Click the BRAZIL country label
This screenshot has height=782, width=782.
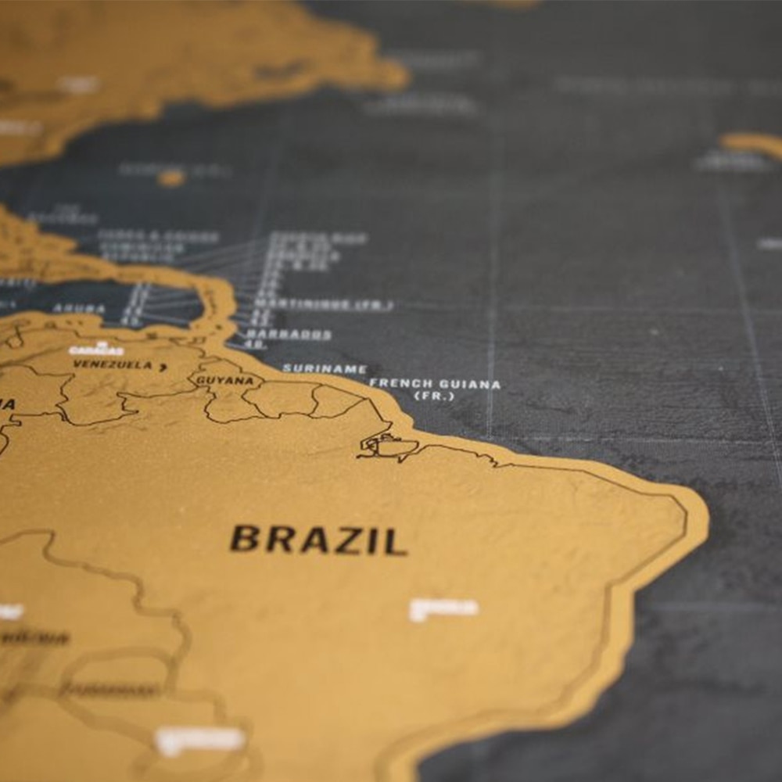318,540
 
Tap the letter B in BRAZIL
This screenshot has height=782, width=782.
245,539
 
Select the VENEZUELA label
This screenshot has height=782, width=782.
113,364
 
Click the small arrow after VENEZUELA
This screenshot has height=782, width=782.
163,366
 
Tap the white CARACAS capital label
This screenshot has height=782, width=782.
96,350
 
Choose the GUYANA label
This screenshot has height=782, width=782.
224,381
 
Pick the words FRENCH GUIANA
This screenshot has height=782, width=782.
435,384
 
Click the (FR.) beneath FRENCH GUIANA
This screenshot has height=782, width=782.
433,396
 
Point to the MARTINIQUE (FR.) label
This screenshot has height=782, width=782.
323,304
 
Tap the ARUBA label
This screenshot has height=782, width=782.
79,309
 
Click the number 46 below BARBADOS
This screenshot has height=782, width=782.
254,344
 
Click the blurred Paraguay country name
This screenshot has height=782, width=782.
110,690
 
